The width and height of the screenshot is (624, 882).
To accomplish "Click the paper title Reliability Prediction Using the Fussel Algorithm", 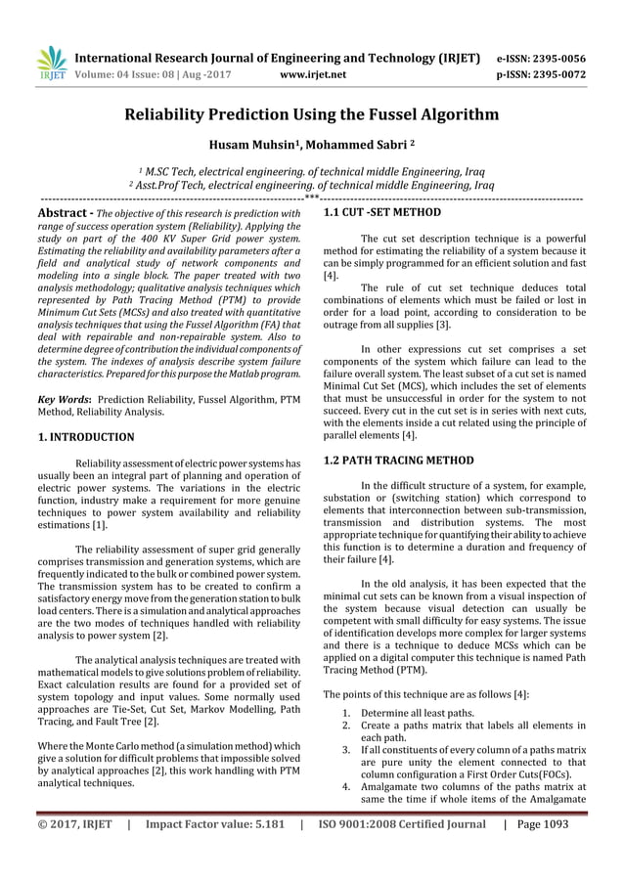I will click(311, 114).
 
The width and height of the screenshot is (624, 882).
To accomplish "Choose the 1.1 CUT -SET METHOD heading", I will click(368, 211).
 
